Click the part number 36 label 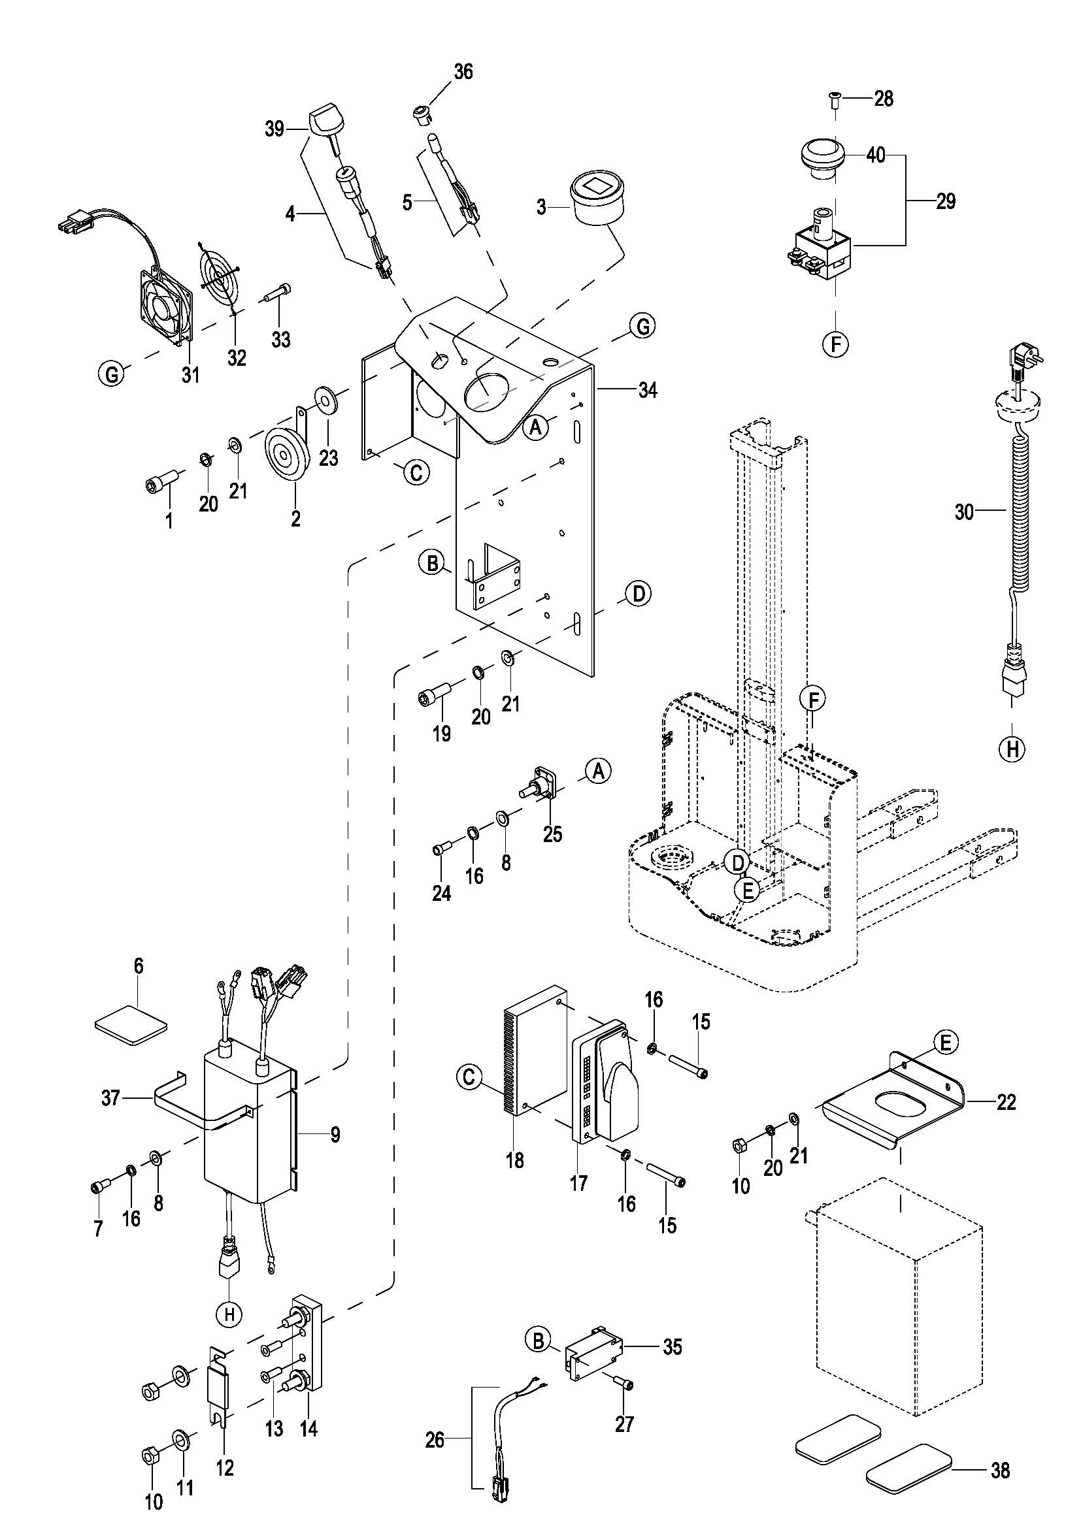tap(463, 72)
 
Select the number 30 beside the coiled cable tap(964, 512)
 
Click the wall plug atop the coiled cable tap(1024, 363)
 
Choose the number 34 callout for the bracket tap(647, 390)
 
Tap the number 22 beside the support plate tap(1006, 1103)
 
